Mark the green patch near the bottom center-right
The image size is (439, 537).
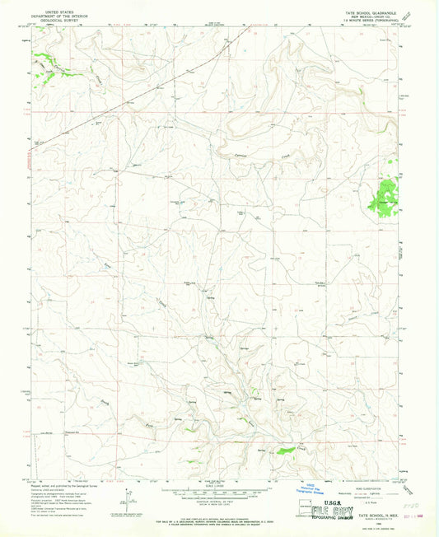(286, 450)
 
